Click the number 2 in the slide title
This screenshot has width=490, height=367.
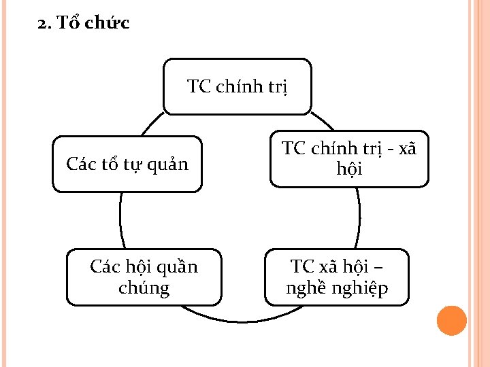43,24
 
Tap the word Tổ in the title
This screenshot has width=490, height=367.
67,24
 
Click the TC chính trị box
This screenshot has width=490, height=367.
238,86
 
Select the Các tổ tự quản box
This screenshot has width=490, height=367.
127,164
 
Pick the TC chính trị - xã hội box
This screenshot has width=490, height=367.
349,158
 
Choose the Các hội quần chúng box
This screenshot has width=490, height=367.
144,277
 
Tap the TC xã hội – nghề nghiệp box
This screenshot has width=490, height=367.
337,277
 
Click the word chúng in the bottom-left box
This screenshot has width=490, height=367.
144,288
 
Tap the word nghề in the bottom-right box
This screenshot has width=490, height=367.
306,289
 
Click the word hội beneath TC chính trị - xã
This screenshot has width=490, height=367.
349,169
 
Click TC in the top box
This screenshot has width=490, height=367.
199,86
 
